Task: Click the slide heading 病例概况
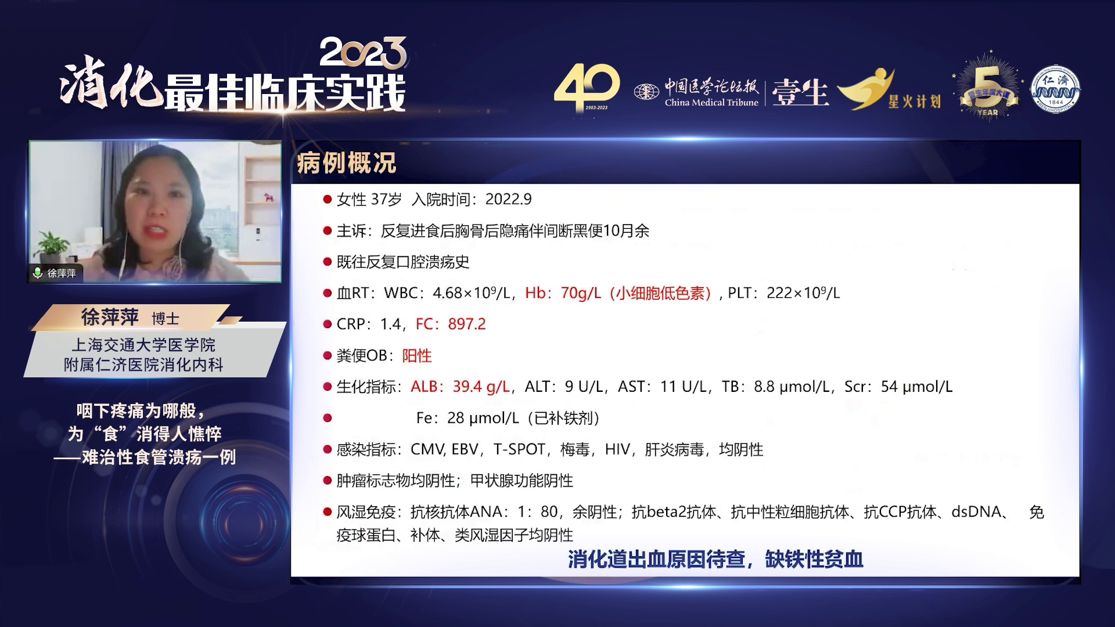point(346,163)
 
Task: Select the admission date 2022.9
point(508,199)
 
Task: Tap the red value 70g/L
point(581,293)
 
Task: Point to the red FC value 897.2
point(467,324)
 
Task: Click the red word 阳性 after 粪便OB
point(417,355)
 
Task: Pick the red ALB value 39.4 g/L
point(481,387)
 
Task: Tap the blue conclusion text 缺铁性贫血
point(814,559)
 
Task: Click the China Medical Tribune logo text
point(711,103)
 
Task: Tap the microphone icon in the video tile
point(38,273)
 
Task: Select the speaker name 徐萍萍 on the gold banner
point(110,317)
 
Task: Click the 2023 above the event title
point(363,53)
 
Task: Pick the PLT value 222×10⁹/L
point(803,293)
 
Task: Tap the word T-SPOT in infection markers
point(519,449)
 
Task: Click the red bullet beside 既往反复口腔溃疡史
point(327,262)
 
